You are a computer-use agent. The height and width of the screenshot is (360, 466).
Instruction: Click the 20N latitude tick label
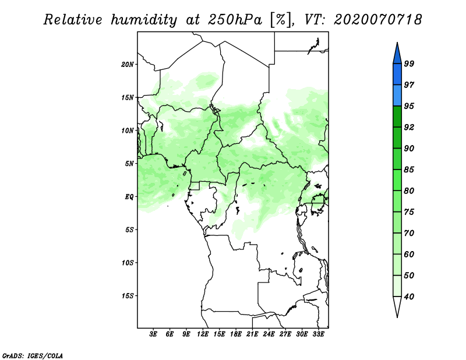click(128, 65)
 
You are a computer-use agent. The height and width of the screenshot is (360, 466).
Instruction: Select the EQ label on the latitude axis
click(129, 197)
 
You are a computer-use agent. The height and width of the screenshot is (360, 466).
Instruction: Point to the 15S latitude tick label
click(128, 296)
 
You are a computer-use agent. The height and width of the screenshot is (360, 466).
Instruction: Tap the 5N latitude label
click(129, 164)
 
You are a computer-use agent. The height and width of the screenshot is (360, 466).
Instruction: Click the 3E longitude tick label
click(153, 334)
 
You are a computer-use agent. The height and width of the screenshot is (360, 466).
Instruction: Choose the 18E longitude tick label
click(236, 334)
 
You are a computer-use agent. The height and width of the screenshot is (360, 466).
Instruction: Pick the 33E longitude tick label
click(318, 334)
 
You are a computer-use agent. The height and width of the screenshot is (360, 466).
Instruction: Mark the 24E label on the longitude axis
click(269, 334)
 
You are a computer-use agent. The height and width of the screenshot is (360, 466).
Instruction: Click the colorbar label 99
click(409, 63)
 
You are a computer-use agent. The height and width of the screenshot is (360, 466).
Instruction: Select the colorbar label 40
click(409, 297)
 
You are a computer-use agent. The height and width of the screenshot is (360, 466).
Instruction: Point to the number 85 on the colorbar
click(409, 170)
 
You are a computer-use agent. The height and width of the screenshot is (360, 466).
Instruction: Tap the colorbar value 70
click(409, 233)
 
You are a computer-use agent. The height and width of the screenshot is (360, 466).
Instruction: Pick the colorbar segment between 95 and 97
click(397, 96)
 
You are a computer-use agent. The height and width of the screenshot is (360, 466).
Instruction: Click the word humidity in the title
click(144, 20)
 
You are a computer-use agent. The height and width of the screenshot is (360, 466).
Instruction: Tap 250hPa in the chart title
click(235, 20)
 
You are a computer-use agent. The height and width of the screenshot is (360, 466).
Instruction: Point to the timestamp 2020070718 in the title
click(377, 20)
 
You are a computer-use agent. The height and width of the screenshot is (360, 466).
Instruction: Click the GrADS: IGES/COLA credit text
click(33, 356)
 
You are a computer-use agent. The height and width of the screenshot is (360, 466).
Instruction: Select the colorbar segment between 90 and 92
click(397, 137)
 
